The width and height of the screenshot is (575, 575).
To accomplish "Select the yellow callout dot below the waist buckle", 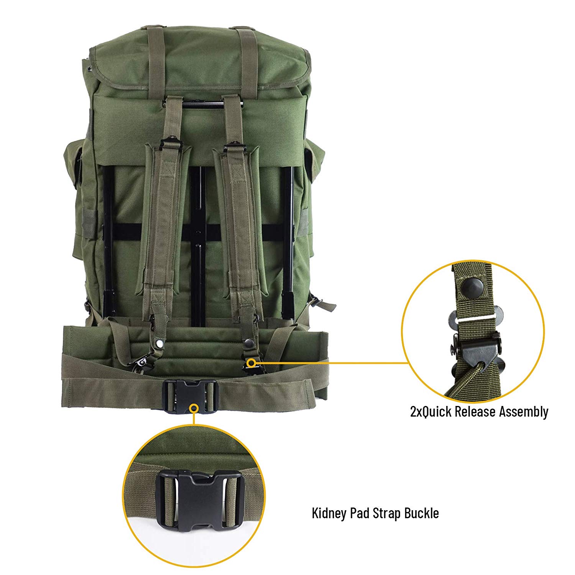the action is pyautogui.click(x=195, y=409).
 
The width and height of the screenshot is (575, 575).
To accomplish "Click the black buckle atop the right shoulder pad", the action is pyautogui.click(x=233, y=144).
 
